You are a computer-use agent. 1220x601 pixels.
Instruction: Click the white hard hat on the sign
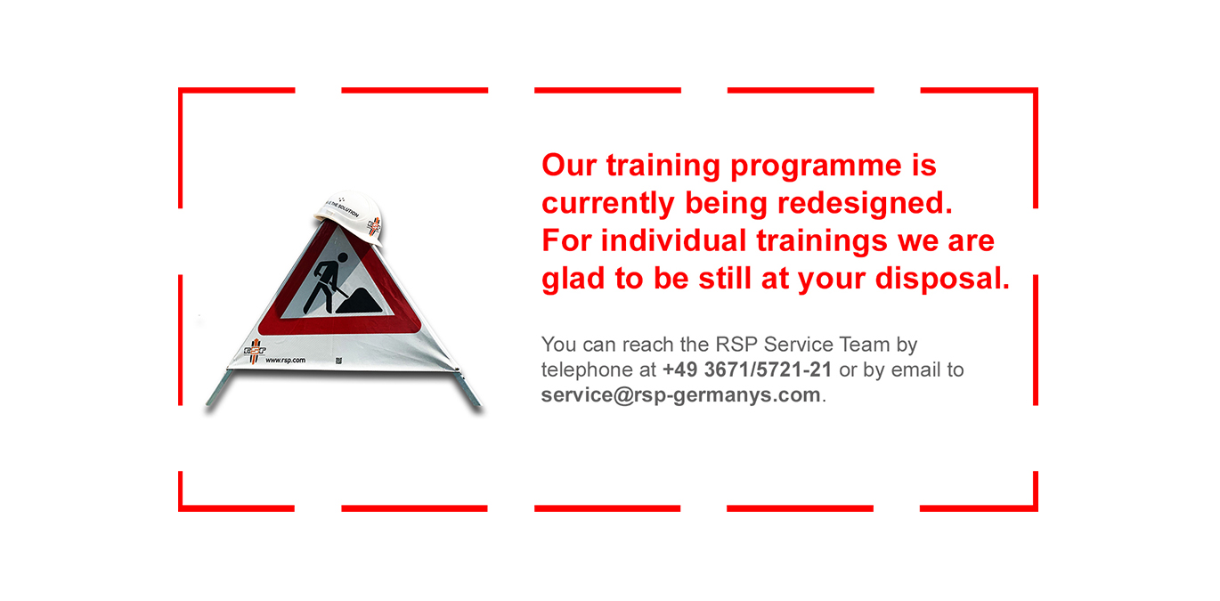point(349,216)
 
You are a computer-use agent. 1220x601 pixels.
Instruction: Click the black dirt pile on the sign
point(359,301)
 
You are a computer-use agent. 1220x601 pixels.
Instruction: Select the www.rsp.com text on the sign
point(285,360)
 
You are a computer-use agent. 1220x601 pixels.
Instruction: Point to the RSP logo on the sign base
point(255,351)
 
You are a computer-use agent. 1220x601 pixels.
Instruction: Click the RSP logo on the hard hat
point(374,225)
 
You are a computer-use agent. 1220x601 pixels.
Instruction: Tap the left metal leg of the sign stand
point(220,388)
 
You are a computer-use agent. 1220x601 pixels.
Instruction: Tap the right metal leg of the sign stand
point(468,389)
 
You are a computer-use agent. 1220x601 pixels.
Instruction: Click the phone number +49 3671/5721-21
point(747,370)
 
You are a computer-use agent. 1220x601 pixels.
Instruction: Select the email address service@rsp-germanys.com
point(681,395)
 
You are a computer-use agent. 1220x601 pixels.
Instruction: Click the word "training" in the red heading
point(663,166)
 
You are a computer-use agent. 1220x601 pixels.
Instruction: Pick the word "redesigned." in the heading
point(865,204)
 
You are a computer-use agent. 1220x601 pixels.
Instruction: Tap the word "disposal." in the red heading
point(942,280)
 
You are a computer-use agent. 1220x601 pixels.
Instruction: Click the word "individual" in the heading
point(673,240)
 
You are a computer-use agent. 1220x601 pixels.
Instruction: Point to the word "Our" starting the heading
point(569,165)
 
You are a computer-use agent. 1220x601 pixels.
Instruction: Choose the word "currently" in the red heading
point(608,204)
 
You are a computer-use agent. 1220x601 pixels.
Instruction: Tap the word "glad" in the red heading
point(573,280)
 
